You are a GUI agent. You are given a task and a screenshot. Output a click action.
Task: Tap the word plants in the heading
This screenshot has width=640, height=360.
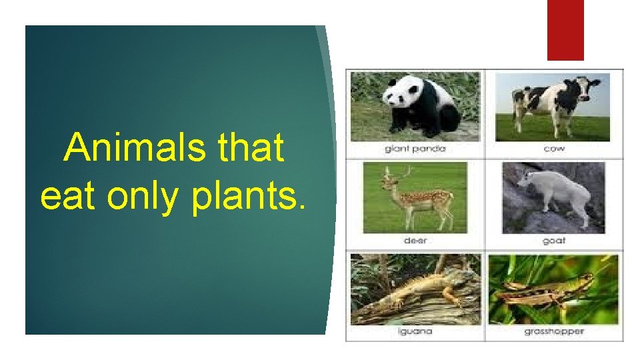(x=249, y=197)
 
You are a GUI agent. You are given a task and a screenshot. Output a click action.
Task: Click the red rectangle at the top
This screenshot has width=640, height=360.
(x=565, y=30)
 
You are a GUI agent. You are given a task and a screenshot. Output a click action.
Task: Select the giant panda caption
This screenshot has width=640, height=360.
(x=415, y=149)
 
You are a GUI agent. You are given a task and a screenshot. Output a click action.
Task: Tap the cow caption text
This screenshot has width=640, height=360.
(x=553, y=149)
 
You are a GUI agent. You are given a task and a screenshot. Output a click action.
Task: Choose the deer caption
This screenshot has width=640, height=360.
(x=415, y=241)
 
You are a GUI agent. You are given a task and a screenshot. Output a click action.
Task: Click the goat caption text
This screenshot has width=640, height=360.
(x=553, y=241)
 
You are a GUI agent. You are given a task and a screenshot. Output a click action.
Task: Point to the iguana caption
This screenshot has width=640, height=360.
(x=415, y=331)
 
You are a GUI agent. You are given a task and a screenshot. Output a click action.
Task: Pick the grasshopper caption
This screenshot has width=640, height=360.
(x=553, y=331)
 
